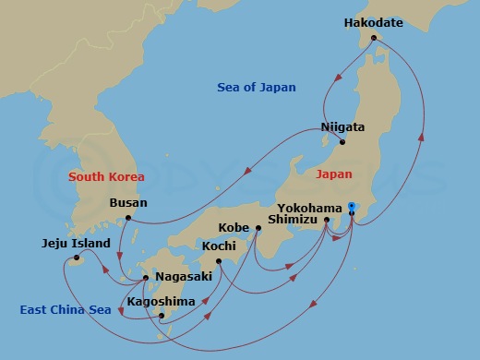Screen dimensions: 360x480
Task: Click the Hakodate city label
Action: [x=373, y=22]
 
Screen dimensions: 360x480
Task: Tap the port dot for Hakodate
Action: [x=375, y=39]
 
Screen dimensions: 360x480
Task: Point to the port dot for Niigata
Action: [x=342, y=142]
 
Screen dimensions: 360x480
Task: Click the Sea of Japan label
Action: [x=257, y=88]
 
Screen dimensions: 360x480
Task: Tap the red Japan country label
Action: [x=333, y=174]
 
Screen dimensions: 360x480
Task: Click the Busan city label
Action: [x=128, y=202]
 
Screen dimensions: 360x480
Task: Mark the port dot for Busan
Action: [x=128, y=218]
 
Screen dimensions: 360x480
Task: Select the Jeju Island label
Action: [x=77, y=244]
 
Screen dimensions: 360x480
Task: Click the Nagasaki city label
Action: [x=185, y=276]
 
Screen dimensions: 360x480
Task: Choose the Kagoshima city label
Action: [x=161, y=301]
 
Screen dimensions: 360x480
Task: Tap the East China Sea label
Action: [x=66, y=310]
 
